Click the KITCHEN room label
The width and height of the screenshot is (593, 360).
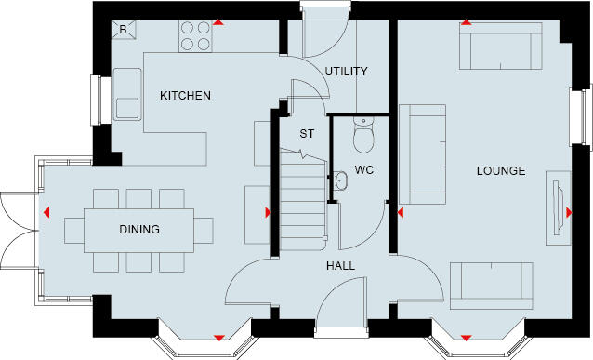tap(185, 96)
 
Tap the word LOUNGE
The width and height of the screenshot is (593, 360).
tap(501, 171)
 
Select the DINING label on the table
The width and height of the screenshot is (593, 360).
tap(138, 230)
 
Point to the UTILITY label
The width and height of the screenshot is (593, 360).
tap(346, 72)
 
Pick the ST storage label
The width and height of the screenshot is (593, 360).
tap(306, 134)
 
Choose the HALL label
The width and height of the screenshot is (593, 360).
tap(339, 266)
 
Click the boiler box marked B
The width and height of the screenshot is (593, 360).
tap(123, 31)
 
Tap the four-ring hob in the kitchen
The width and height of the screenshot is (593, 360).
tap(195, 36)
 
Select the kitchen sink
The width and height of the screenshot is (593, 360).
tap(126, 106)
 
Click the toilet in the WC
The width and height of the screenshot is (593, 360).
tap(364, 137)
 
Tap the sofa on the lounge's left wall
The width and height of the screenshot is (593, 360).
tap(420, 153)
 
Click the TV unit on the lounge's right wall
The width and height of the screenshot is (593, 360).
tap(559, 205)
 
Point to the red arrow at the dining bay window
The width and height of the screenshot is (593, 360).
tap(219, 336)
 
